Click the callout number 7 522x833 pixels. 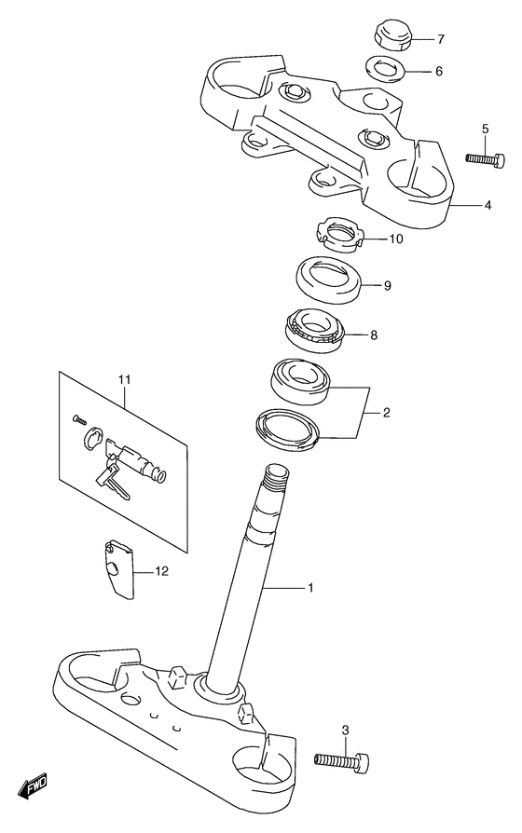tap(441, 39)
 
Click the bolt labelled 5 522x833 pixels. tap(485, 158)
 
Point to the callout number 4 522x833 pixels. tap(488, 205)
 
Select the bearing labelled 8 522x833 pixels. tap(315, 329)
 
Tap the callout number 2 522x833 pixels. tap(387, 412)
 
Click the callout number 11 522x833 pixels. tap(124, 380)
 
